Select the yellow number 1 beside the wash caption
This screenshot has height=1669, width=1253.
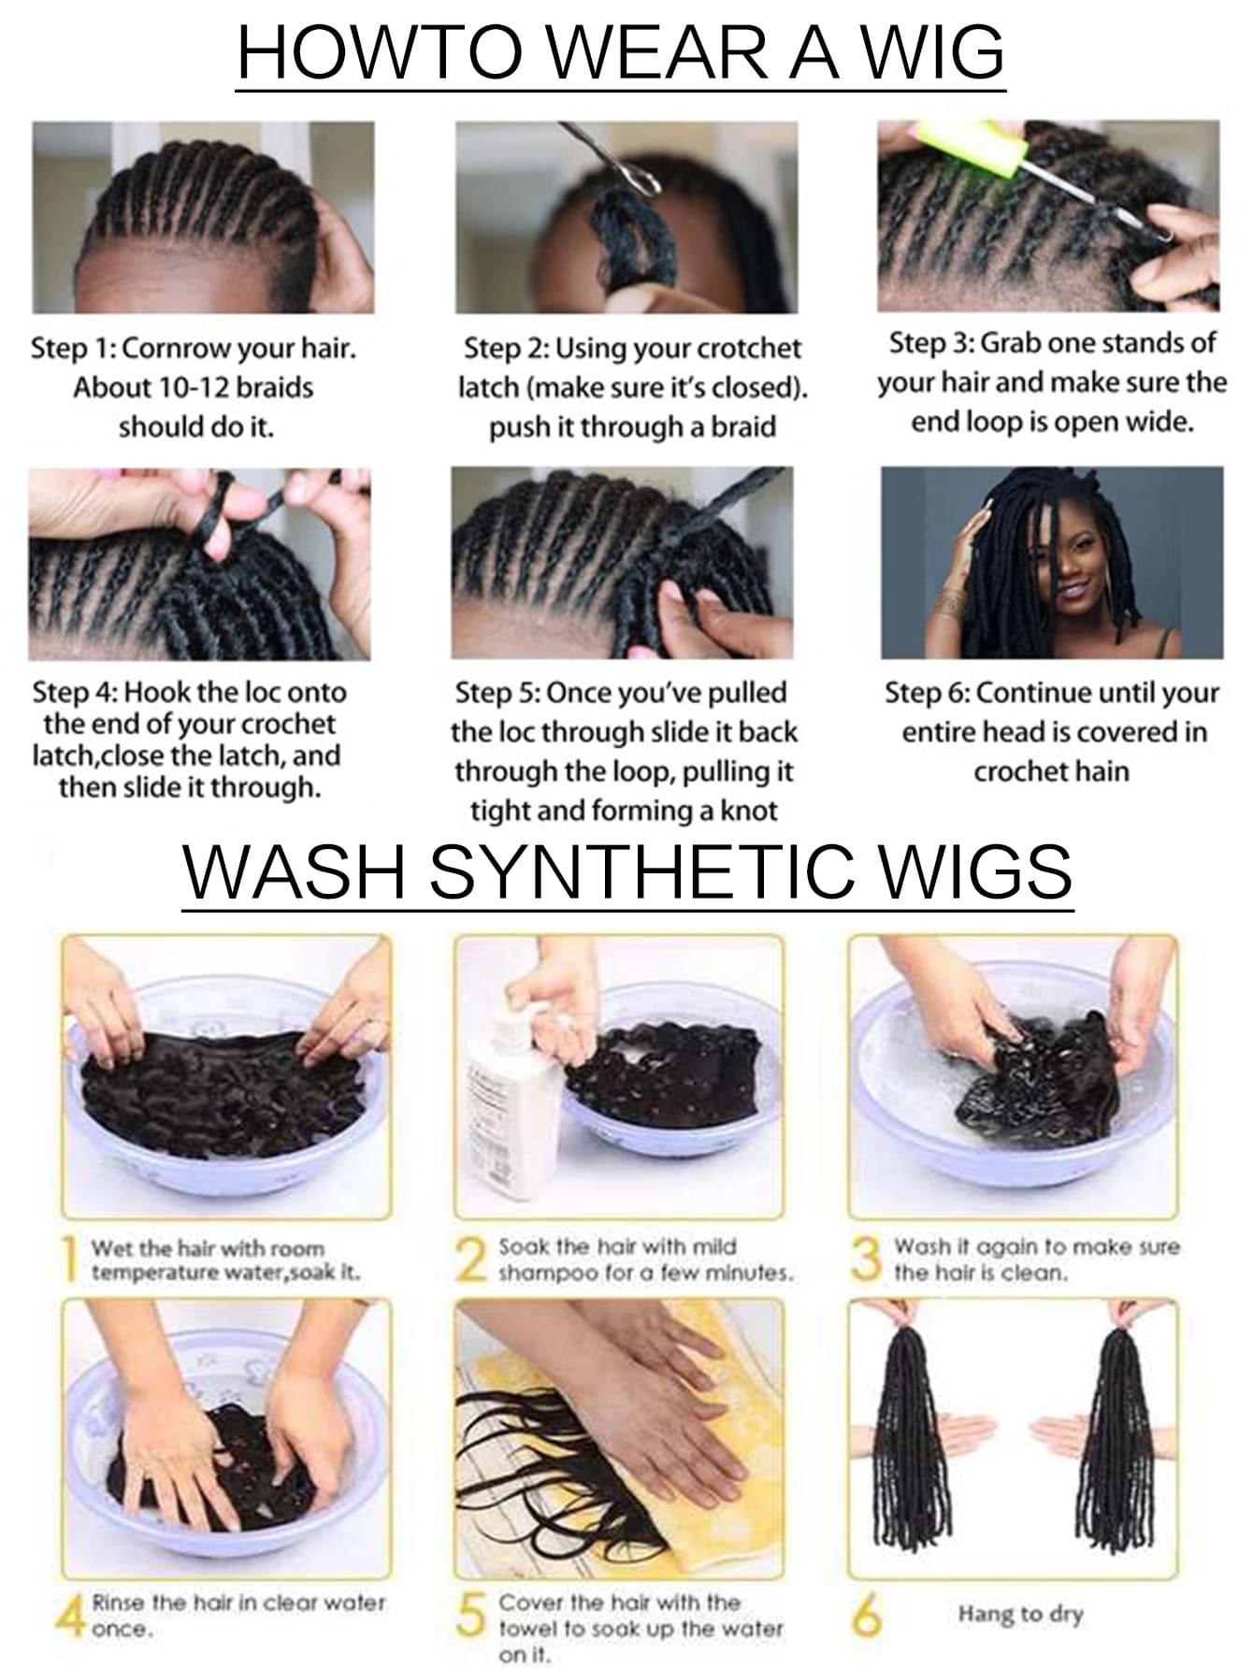(x=69, y=1259)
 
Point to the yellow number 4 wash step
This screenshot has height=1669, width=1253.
(x=71, y=1615)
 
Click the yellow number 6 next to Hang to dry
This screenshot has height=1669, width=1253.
(x=867, y=1615)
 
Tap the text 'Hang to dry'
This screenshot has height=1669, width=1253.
(x=1020, y=1615)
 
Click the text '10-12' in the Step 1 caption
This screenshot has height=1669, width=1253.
(x=193, y=387)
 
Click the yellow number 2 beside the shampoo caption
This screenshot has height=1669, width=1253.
(x=472, y=1259)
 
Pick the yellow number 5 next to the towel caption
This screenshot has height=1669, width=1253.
(x=472, y=1615)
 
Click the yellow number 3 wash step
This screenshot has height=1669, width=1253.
(x=867, y=1259)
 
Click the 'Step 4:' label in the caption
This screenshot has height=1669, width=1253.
(x=75, y=692)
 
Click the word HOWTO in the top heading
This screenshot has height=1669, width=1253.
(x=380, y=53)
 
